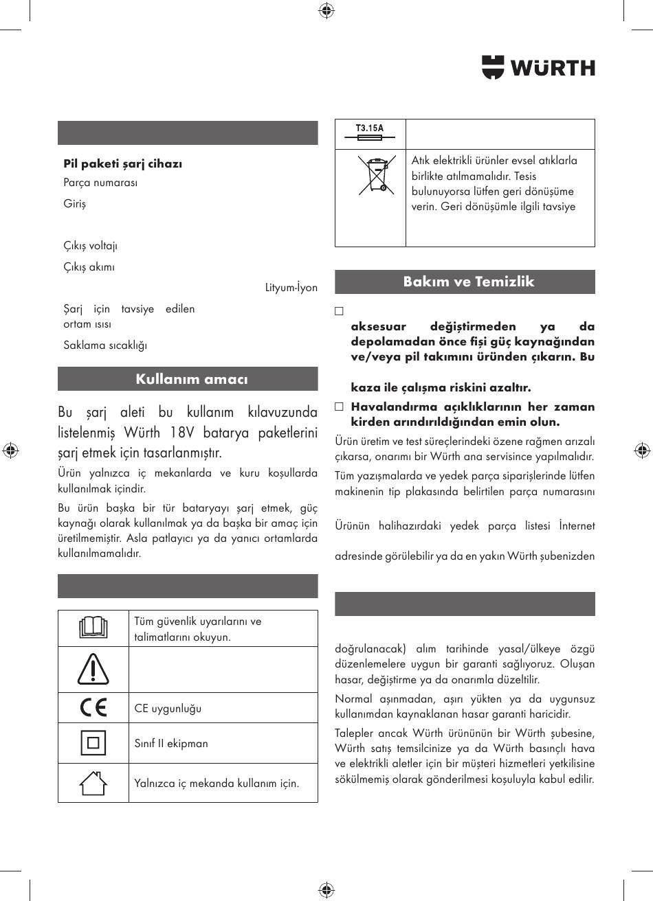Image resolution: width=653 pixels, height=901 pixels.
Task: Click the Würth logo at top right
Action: (x=538, y=67)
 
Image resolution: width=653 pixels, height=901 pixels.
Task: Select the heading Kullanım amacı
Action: (x=191, y=379)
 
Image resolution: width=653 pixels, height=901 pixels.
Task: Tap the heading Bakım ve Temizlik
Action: (x=468, y=282)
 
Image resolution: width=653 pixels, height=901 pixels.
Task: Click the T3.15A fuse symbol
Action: (x=370, y=133)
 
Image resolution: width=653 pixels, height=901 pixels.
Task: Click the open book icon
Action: (x=93, y=628)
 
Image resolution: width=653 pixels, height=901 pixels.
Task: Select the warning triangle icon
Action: (x=93, y=669)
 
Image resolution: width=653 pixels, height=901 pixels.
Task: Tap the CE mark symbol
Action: (x=93, y=707)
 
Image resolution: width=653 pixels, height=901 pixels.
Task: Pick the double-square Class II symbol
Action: (x=93, y=743)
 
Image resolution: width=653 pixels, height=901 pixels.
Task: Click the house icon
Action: (x=93, y=782)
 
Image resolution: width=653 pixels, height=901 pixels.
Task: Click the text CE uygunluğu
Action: (x=168, y=708)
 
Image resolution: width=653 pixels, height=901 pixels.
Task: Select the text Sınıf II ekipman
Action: (x=171, y=743)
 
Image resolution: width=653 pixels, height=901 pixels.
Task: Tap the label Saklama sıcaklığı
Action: (x=105, y=345)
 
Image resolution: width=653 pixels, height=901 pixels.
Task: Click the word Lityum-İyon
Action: (x=291, y=288)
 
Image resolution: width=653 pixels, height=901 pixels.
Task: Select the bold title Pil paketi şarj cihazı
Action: (x=122, y=163)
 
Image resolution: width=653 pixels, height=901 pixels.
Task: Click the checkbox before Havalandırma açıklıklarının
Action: (x=339, y=407)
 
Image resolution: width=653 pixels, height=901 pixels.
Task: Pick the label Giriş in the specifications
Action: (x=75, y=204)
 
